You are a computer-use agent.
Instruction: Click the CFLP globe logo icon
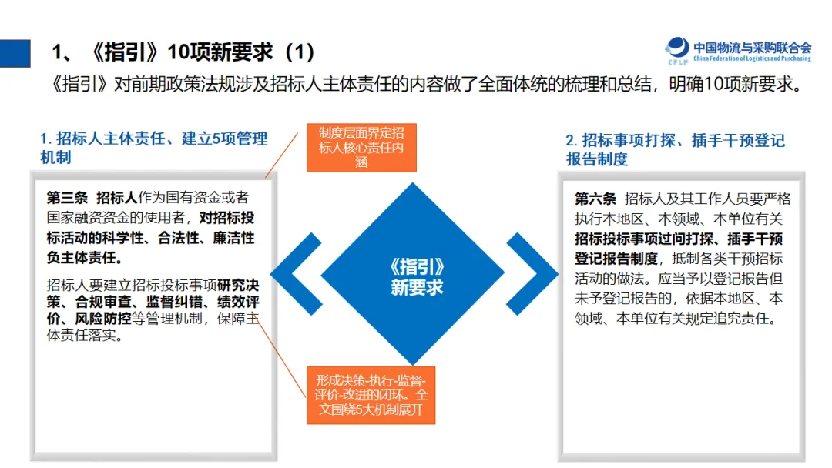point(677,48)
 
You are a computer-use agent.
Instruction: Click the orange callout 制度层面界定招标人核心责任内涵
point(361,147)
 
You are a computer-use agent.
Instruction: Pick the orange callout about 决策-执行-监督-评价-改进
point(371,395)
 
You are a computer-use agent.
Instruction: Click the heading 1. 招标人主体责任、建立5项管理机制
point(153,148)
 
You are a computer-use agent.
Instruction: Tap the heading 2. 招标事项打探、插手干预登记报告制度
point(676,149)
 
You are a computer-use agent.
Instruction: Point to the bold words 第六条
point(595,199)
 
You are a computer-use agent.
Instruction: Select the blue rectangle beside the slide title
point(15,52)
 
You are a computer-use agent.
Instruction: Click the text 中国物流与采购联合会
point(752,46)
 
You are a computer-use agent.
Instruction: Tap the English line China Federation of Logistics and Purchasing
point(752,58)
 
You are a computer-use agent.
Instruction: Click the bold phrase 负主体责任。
point(85,257)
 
